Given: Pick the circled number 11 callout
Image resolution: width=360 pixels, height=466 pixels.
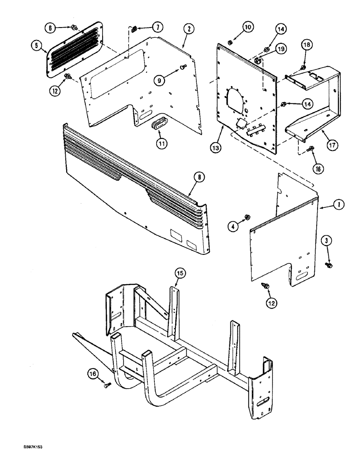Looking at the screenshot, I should [x=161, y=144].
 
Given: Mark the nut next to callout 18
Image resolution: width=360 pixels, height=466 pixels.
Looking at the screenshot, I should [x=303, y=68].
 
